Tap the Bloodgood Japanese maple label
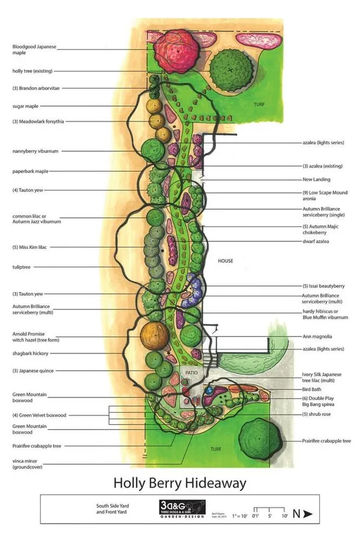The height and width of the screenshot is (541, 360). (x=34, y=50)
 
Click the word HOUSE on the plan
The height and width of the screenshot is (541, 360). (x=225, y=261)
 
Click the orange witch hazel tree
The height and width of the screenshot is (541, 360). (x=154, y=337)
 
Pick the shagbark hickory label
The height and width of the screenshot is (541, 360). (x=31, y=353)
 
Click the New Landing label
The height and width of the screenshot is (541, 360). (x=316, y=179)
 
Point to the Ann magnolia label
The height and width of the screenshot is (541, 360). (x=317, y=336)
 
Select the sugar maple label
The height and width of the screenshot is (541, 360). (x=25, y=106)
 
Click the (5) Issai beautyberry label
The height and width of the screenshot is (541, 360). (x=323, y=285)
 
